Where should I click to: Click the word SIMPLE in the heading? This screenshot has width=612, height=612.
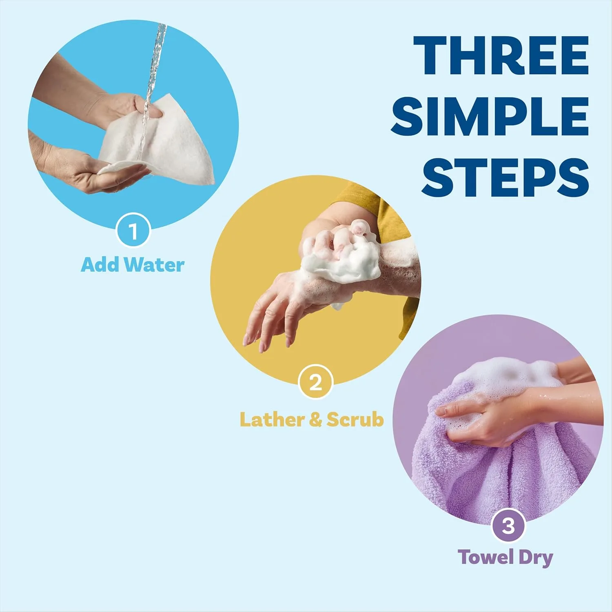[x=490, y=116]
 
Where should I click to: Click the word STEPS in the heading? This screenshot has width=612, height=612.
[x=505, y=176]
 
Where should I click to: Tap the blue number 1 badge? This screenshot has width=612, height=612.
[x=133, y=231]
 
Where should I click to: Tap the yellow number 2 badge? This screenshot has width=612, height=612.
[x=315, y=382]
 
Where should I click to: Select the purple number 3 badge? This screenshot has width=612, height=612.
[x=508, y=526]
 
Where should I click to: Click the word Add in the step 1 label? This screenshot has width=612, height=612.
[x=101, y=264]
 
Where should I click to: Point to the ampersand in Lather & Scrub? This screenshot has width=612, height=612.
[x=315, y=419]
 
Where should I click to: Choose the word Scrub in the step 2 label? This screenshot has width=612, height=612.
[x=355, y=419]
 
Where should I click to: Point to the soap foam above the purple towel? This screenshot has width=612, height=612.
[x=506, y=375]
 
